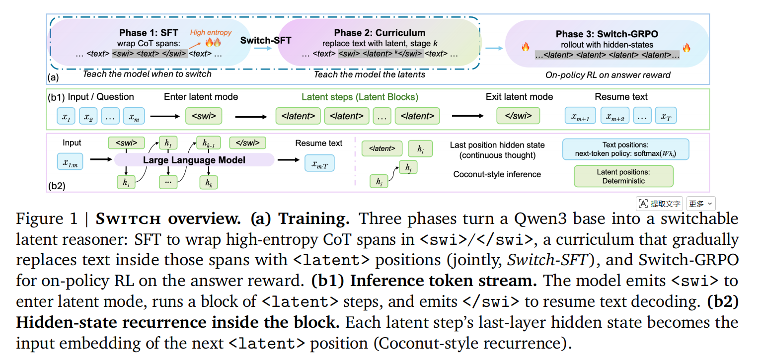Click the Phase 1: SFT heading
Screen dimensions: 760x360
[x=148, y=33]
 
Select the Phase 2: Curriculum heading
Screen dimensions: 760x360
[x=380, y=33]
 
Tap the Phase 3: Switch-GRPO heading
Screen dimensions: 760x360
[x=607, y=34]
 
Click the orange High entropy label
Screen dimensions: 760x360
[x=211, y=33]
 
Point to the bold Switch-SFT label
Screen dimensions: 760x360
[x=266, y=40]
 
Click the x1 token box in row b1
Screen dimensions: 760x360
[x=66, y=116]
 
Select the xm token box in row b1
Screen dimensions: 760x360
[x=134, y=116]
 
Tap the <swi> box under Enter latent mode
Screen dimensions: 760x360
[x=204, y=116]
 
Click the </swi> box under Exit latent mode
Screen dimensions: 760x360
[x=518, y=116]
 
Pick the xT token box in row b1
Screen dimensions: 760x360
[x=666, y=116]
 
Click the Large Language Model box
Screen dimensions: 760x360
[x=194, y=160]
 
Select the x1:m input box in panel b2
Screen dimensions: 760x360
[x=70, y=161]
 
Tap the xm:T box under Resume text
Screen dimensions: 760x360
[x=319, y=163]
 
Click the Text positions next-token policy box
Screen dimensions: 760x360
[x=626, y=149]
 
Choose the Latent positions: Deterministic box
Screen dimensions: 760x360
[x=623, y=176]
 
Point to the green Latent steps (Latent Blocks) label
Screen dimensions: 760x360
[x=360, y=97]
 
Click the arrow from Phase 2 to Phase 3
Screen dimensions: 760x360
[x=494, y=48]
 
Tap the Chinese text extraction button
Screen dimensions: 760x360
[x=660, y=204]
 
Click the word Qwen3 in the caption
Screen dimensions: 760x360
[x=540, y=219]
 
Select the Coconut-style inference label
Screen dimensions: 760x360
[x=497, y=174]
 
